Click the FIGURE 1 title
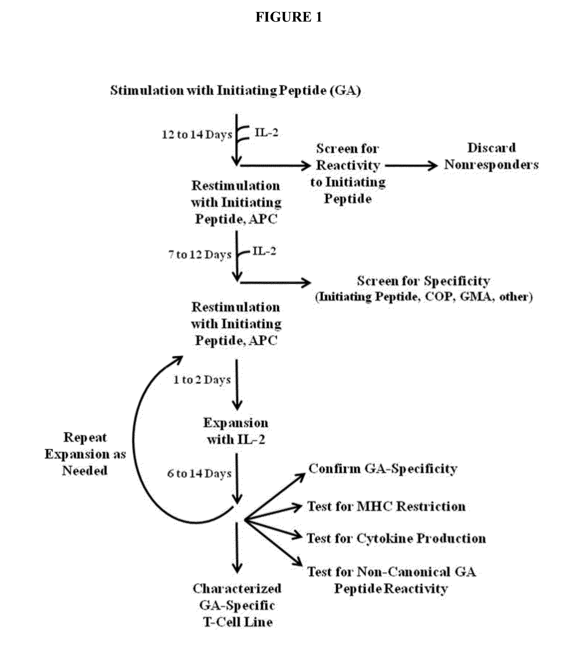click(x=289, y=17)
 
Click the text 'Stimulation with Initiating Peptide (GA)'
click(x=236, y=90)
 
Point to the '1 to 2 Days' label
click(x=202, y=380)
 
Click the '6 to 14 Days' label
click(x=199, y=474)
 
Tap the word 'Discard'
click(x=491, y=148)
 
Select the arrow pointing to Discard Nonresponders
click(x=411, y=166)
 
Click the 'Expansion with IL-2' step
click(x=236, y=431)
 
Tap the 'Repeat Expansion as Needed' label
click(x=85, y=454)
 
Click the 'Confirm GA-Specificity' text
click(x=383, y=469)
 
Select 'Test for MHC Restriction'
click(x=386, y=506)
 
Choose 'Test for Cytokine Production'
click(x=396, y=538)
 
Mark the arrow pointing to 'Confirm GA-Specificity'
click(x=275, y=496)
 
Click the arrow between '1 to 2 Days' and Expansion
click(x=237, y=384)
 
